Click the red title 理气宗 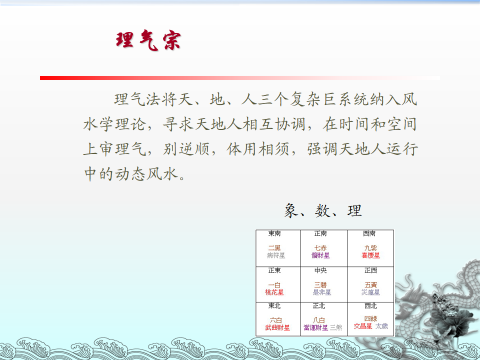148,40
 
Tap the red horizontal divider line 239,78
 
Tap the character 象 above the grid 291,210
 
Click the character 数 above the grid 323,210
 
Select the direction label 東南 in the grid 274,233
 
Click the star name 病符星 276,255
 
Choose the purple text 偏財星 320,255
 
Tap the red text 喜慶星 370,255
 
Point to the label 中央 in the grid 320,270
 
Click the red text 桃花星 274,292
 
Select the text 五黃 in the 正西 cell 370,285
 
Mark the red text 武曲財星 277,328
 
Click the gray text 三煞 336,328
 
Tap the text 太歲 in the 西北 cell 381,326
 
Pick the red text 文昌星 363,326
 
